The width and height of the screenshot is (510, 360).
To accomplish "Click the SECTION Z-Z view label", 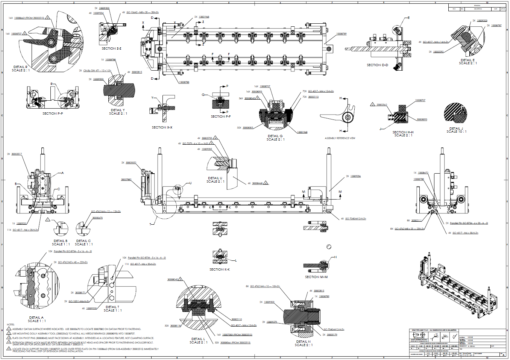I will click(x=111, y=48).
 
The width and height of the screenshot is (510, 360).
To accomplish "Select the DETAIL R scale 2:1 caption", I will click(x=20, y=69).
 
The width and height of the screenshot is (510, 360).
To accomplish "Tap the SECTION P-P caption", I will click(x=53, y=113).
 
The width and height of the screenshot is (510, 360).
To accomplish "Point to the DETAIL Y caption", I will click(x=118, y=112).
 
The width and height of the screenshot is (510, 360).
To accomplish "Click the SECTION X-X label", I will click(x=162, y=127).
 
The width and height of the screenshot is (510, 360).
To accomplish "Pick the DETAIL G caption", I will click(x=275, y=138).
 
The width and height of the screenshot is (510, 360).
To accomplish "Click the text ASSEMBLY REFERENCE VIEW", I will click(x=340, y=138).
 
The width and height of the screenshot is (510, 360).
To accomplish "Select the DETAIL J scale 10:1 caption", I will click(x=456, y=130).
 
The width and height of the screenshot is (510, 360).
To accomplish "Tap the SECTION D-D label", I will click(x=377, y=65).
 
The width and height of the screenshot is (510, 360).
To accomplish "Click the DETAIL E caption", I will click(x=467, y=62).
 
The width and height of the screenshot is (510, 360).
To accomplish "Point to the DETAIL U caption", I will click(x=215, y=180).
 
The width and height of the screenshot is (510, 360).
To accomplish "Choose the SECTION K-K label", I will click(x=219, y=269).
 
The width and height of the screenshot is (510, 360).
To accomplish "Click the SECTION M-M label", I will click(x=316, y=277).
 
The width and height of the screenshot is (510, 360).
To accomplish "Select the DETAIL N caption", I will click(x=303, y=343).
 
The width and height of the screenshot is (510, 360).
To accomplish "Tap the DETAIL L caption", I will click(x=198, y=340).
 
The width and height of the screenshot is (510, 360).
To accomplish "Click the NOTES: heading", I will click(x=11, y=324).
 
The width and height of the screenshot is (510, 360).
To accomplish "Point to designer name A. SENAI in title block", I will click(x=471, y=346).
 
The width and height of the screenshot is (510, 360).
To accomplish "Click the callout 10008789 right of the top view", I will click(x=341, y=34).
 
